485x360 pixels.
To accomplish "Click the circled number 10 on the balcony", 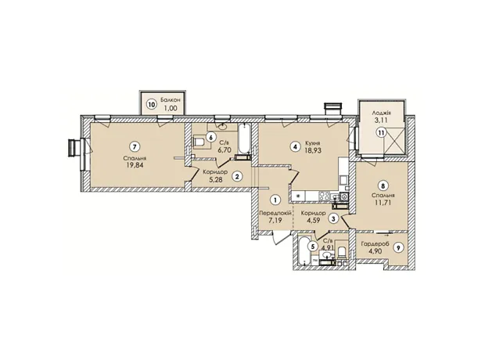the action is click(151, 104).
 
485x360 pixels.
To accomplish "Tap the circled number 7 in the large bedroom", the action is click(134, 146).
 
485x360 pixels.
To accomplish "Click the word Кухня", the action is click(313, 143).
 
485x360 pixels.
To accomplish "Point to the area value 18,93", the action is click(313, 149).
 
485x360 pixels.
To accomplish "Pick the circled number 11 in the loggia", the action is click(382, 133).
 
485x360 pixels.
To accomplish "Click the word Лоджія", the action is click(379, 113).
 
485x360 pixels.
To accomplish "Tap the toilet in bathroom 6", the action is click(198, 142).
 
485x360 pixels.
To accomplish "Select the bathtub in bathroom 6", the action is click(244, 139).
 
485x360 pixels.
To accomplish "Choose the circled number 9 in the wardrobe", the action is click(398, 247).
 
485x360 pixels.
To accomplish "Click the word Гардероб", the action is click(373, 244).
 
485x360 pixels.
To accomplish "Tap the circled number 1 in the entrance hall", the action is click(275, 200).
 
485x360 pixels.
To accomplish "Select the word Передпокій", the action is click(275, 214).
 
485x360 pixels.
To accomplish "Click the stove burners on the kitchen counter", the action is click(324, 196).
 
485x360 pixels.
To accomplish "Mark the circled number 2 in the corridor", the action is click(237, 176).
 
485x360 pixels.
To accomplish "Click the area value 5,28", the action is click(216, 178).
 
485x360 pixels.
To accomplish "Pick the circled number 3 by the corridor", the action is click(333, 219).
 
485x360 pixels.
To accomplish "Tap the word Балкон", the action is click(170, 100).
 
